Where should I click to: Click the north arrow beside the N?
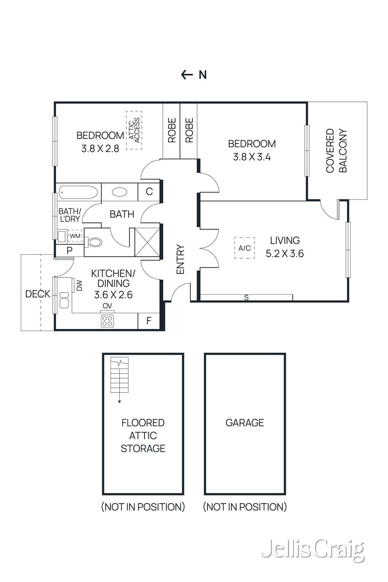pos(187,75)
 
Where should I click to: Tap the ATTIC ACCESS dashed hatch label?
pos(134,130)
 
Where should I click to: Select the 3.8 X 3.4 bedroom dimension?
pos(252,157)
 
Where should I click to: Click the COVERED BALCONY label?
pos(336,151)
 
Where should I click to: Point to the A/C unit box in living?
pos(244,248)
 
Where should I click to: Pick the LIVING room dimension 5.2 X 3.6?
pos(285,253)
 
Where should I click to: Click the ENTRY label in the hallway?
pos(180,259)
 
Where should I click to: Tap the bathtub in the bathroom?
pos(78,192)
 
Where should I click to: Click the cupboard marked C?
pos(149,192)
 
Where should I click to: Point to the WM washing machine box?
pos(75,236)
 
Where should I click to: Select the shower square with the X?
pos(148,242)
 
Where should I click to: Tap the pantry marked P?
pos(69,251)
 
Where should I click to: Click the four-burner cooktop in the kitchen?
pos(107,320)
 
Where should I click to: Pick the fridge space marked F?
pos(149,321)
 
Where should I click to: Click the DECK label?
pos(38,294)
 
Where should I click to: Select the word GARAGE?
pos(245,423)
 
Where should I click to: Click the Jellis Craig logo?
pos(313,549)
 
